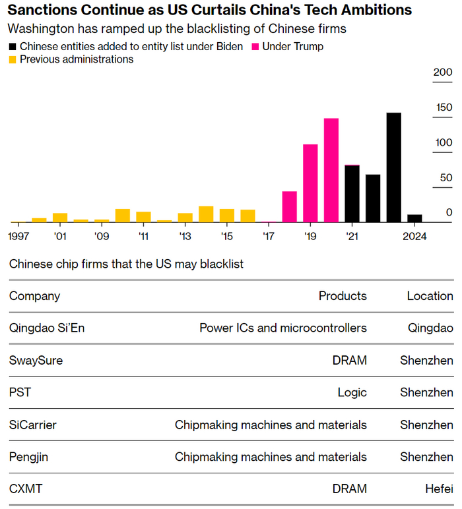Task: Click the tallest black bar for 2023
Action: [x=393, y=167]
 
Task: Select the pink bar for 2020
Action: [x=331, y=170]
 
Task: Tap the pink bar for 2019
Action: [x=310, y=183]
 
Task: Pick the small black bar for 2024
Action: [x=414, y=218]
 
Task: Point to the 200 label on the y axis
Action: [x=443, y=73]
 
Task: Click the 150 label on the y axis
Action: [x=443, y=107]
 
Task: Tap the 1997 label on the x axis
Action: [x=19, y=236]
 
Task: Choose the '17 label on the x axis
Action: [x=269, y=236]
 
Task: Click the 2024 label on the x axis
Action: [x=414, y=236]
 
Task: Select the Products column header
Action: [x=343, y=296]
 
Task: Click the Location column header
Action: [x=430, y=296]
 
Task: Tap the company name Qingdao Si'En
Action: [x=47, y=328]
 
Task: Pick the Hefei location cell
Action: [x=440, y=489]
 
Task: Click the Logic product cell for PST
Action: [x=352, y=392]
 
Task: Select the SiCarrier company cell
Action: [x=33, y=425]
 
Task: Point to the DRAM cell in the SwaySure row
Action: [x=350, y=360]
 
